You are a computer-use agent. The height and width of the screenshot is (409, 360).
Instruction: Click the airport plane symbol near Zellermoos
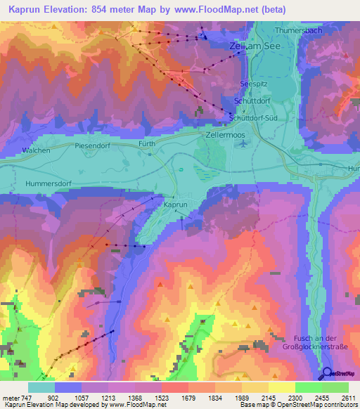[x=243, y=143]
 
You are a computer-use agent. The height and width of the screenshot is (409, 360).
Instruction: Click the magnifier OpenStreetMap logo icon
[x=326, y=374]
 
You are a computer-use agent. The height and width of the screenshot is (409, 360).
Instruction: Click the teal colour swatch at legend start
[x=41, y=387]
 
